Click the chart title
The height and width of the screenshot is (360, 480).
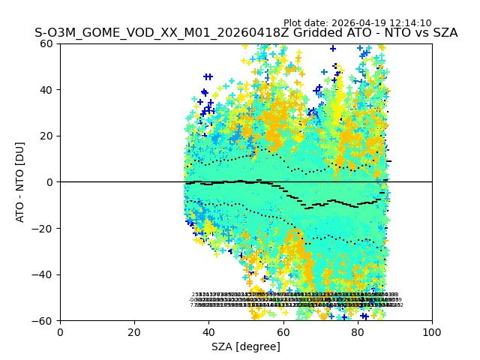click(246, 33)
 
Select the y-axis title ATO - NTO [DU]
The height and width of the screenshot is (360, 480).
click(21, 182)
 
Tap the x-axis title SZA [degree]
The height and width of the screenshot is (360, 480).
click(246, 346)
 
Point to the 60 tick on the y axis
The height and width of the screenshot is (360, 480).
click(46, 43)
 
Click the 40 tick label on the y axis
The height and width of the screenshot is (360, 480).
click(46, 90)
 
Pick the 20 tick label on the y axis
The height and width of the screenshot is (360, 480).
click(46, 136)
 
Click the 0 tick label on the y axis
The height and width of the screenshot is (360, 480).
click(49, 182)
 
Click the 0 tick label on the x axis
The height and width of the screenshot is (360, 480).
click(60, 331)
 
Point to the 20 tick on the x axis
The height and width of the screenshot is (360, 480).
click(134, 331)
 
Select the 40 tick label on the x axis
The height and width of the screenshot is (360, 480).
click(208, 331)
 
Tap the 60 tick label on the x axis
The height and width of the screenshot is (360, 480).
click(283, 331)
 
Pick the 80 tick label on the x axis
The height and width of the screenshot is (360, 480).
click(358, 331)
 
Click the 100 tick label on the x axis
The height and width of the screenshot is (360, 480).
click(432, 331)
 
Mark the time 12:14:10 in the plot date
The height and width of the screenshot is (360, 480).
click(410, 23)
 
